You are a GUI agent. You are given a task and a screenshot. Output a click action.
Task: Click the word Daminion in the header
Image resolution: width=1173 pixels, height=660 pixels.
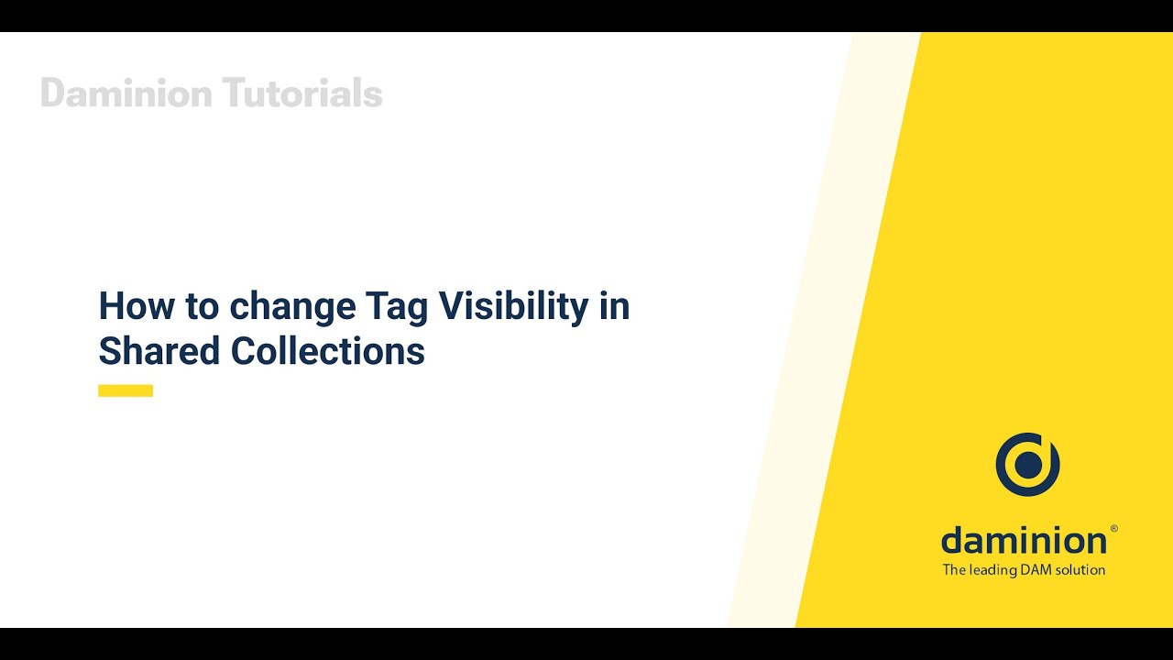pos(126,93)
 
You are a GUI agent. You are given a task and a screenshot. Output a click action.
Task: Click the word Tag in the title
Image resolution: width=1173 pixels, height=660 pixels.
pos(396,306)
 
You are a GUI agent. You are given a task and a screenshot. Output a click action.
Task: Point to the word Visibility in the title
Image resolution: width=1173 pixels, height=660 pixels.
pos(513,306)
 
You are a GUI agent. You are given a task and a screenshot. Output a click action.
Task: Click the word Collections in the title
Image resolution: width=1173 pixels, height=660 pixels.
pos(327,351)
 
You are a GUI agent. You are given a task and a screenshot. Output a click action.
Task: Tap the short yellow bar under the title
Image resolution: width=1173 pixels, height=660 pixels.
pos(126,390)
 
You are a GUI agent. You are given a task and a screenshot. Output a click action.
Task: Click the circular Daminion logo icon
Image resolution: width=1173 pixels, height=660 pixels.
pos(1027,465)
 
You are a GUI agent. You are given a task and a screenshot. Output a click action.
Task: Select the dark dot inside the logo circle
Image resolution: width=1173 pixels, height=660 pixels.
pos(1028,465)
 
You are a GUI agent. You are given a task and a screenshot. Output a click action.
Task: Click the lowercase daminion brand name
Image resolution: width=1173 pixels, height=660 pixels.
pos(1023,540)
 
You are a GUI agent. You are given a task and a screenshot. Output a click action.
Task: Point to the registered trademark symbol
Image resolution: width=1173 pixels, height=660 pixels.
pos(1113,529)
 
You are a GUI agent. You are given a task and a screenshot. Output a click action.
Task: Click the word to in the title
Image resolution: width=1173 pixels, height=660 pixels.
pos(202,306)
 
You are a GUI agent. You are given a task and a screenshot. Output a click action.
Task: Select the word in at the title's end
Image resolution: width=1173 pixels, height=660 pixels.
pos(615,306)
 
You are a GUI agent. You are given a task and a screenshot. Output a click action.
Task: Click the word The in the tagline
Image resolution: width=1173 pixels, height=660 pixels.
pos(954,570)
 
